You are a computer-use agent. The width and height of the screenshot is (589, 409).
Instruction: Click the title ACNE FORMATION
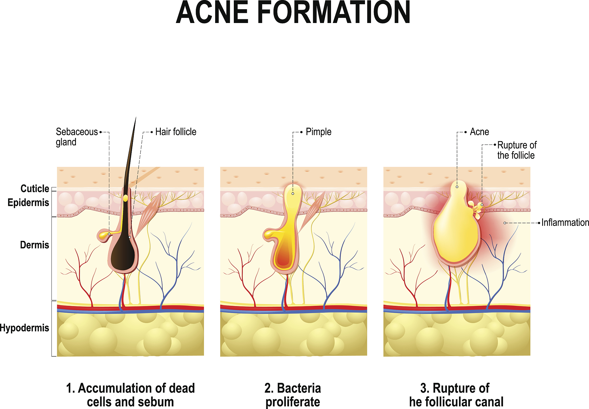[293, 13]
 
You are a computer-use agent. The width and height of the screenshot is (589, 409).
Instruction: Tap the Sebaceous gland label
[77, 137]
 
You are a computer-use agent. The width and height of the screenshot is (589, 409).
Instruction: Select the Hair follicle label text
[176, 132]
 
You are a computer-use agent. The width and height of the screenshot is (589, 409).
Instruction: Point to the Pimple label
[318, 132]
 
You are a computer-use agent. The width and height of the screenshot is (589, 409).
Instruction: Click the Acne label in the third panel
[479, 132]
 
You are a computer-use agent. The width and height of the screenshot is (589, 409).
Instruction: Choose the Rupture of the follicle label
[517, 150]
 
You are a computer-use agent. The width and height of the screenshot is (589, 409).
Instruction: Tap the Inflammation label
[565, 222]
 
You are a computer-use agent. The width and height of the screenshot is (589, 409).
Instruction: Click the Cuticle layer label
[35, 189]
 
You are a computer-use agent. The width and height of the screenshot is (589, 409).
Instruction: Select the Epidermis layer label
[28, 203]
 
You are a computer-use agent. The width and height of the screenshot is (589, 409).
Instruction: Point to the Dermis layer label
[35, 245]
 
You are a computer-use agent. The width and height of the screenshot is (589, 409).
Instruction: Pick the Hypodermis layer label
[24, 328]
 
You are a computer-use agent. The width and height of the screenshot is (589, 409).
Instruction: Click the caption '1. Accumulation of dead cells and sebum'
[130, 395]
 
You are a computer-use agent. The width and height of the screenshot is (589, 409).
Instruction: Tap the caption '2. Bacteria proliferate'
[292, 395]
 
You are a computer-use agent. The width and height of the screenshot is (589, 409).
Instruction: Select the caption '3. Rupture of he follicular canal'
[456, 395]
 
